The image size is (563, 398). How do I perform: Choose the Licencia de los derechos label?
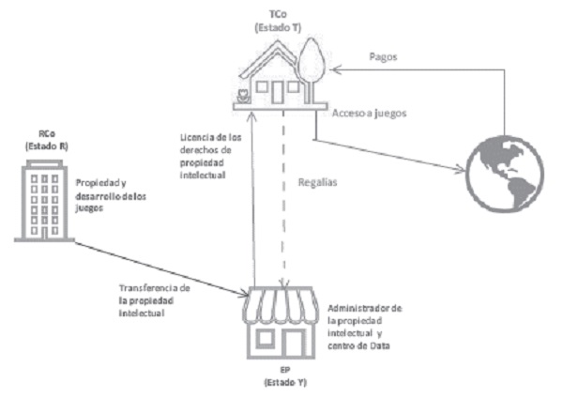click(x=208, y=155)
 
